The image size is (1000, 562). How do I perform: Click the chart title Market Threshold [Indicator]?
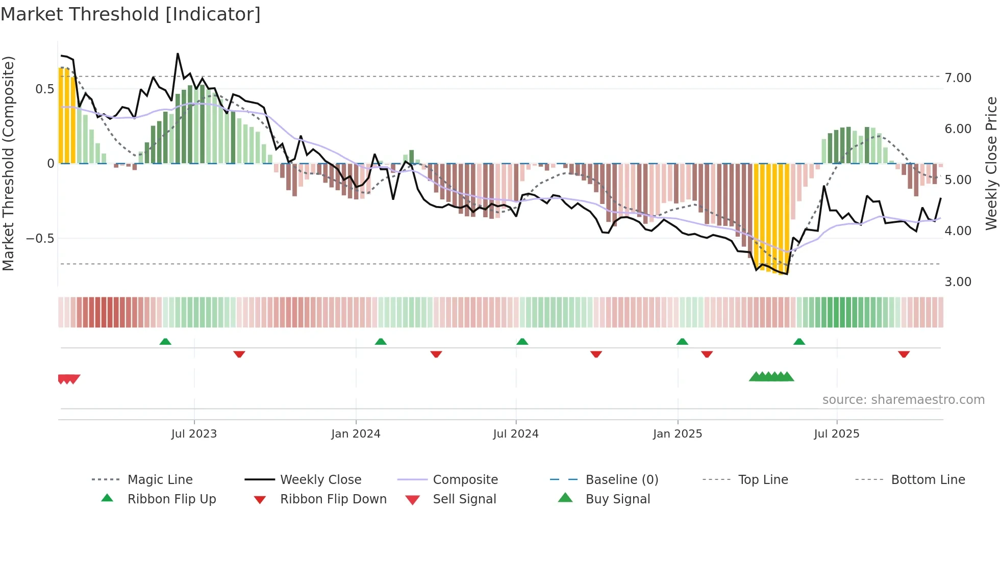[x=131, y=14]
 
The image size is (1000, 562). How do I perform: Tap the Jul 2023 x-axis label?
[x=194, y=434]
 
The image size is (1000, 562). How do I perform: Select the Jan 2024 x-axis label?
[x=356, y=434]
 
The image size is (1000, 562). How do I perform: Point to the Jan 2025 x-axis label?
[x=678, y=434]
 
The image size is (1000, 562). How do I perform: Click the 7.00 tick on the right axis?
[x=958, y=78]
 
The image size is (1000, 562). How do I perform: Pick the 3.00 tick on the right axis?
[x=958, y=282]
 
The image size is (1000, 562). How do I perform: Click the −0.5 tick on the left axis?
[x=40, y=239]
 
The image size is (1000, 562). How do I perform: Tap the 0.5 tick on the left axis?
[x=44, y=89]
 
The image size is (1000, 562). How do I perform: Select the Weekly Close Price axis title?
[x=991, y=163]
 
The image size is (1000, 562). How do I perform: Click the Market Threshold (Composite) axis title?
[x=8, y=163]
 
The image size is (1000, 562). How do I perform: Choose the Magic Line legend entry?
[x=160, y=480]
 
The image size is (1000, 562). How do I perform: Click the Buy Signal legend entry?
[x=617, y=499]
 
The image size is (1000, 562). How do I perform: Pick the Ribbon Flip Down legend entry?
[x=333, y=499]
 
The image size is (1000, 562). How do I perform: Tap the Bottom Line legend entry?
[x=928, y=480]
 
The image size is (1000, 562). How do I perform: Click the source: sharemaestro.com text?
[x=903, y=400]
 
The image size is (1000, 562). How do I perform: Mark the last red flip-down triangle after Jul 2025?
[x=904, y=354]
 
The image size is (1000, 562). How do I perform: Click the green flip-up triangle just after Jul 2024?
[x=522, y=342]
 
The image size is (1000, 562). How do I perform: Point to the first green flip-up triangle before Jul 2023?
[x=165, y=342]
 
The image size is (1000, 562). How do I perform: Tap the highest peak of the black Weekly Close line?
[x=178, y=54]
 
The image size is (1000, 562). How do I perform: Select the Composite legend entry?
[x=465, y=480]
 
